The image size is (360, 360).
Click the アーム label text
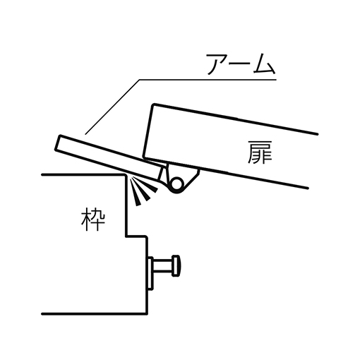241,64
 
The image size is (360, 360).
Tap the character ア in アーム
216,64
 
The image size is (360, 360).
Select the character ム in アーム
265,64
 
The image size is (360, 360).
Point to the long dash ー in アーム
240,65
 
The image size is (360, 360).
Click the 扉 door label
260,152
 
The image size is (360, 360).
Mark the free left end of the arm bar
58,143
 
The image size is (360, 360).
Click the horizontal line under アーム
208,80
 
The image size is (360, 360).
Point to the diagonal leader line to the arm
112,107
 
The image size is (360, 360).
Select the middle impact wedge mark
142,191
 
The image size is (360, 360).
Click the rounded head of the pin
176,265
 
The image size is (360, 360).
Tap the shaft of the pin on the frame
163,265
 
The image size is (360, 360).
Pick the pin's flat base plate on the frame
150,273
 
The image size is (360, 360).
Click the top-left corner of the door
154,104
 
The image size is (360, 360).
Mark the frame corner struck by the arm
125,175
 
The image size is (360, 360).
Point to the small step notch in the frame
136,236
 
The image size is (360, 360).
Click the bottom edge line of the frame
95,313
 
